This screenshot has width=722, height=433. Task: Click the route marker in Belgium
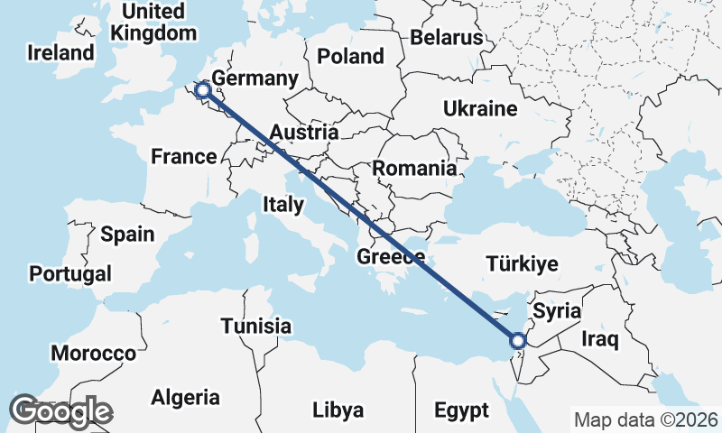click(x=204, y=89)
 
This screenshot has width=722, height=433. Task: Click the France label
click(x=183, y=157)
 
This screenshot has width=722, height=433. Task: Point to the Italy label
click(x=283, y=205)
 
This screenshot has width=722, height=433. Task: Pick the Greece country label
click(x=391, y=257)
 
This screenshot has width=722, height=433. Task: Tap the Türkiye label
click(x=522, y=264)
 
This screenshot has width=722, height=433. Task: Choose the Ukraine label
click(x=480, y=110)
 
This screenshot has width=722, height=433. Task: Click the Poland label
click(x=350, y=56)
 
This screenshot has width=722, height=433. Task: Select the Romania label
click(x=414, y=168)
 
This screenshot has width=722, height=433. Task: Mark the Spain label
click(x=127, y=235)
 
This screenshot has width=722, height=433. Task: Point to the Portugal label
click(x=70, y=273)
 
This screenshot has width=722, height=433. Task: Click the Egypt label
click(x=460, y=410)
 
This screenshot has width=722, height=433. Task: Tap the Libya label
click(x=338, y=410)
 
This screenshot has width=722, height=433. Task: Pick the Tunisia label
click(x=256, y=326)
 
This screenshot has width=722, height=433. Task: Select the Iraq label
click(x=599, y=340)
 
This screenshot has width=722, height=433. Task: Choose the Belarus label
click(x=447, y=38)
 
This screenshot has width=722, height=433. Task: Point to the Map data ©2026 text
click(x=646, y=419)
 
